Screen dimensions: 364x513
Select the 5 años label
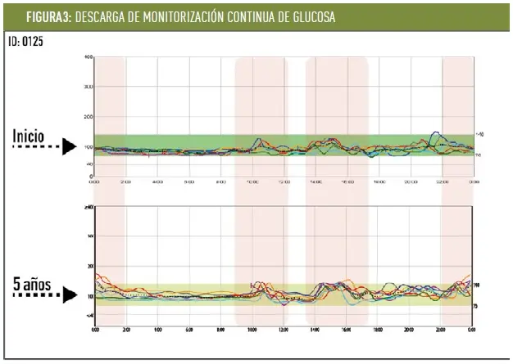[33, 285]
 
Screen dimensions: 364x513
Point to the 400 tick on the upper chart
[89, 56]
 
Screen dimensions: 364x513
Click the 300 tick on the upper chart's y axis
[89, 87]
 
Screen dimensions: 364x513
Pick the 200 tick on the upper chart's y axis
[89, 117]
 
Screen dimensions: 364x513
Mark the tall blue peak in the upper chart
[435, 132]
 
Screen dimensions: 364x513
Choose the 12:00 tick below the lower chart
[283, 329]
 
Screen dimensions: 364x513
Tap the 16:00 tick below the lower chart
[346, 329]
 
